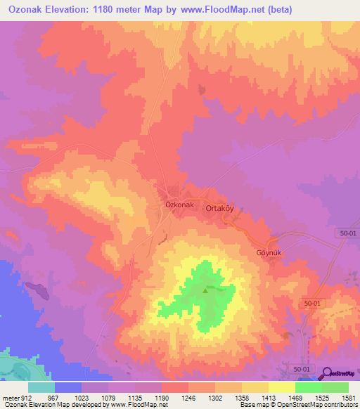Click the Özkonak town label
(179, 204)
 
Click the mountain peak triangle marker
(205, 290)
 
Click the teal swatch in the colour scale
(41, 387)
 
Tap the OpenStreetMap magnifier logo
(327, 374)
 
